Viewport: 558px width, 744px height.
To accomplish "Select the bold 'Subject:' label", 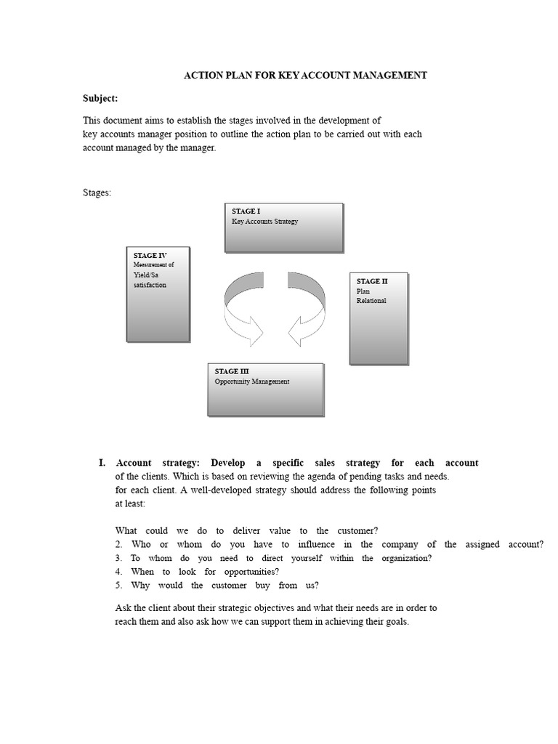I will pos(99,98).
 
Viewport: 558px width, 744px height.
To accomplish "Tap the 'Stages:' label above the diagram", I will pos(95,193).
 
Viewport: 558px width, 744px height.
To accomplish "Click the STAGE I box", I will pos(283,227).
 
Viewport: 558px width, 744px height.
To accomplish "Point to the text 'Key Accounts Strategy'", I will pos(264,221).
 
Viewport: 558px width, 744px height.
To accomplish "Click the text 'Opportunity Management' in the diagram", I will pos(251,381).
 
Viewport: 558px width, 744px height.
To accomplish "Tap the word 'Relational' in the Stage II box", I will pos(371,301).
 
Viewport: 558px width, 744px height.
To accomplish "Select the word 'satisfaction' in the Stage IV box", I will pos(150,285).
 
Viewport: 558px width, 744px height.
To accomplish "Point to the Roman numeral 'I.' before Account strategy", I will pos(102,463).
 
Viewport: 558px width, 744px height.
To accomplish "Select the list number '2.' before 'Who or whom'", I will pos(118,544).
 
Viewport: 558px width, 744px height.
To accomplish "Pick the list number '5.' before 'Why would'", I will pos(118,585).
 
